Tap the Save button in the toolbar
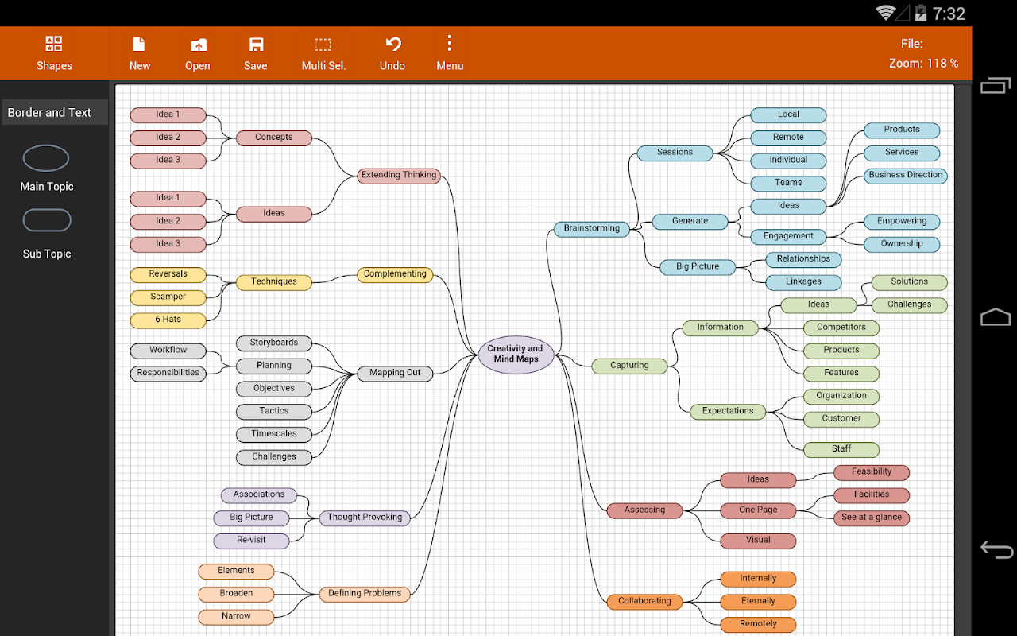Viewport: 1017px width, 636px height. tap(255, 53)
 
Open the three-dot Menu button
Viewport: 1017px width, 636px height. tap(450, 53)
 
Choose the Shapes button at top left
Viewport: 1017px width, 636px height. tap(54, 53)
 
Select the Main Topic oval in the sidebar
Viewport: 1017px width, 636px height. tap(46, 158)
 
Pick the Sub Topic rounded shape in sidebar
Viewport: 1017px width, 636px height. tap(47, 220)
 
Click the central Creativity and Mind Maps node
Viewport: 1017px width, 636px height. tap(516, 354)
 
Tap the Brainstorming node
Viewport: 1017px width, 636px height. tap(591, 229)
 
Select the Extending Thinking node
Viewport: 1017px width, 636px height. tap(398, 176)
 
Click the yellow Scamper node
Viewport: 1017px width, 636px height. tap(168, 297)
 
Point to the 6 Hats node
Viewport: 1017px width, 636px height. tap(168, 320)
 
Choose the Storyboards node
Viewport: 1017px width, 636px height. tap(274, 343)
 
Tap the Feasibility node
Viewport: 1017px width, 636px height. tap(872, 472)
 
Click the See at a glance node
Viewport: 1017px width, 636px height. tap(872, 518)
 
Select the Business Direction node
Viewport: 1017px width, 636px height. tap(906, 176)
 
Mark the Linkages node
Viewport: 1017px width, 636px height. tap(803, 282)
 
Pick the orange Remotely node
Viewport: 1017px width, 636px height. tap(758, 624)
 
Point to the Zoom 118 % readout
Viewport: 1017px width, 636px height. tap(923, 64)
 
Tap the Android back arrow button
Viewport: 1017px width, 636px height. tap(996, 549)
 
